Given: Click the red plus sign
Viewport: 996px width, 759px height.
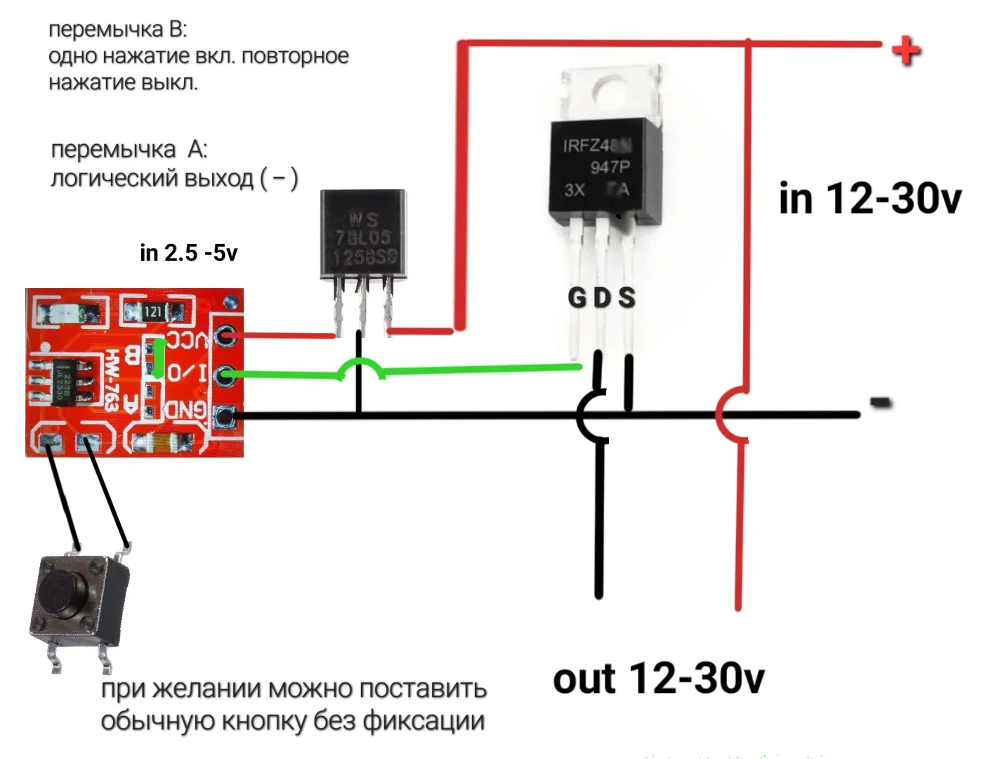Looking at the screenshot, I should [x=905, y=51].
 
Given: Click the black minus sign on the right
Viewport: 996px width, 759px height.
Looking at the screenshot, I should [x=880, y=403].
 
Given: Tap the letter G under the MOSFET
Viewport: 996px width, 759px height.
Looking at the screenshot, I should [x=577, y=298].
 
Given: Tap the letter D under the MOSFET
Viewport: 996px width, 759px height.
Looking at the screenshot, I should [x=602, y=298].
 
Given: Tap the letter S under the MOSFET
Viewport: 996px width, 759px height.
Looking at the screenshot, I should [x=627, y=298].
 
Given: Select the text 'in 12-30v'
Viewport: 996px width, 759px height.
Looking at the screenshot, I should [x=870, y=198].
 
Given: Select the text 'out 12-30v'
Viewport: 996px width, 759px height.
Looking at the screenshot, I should [x=658, y=679].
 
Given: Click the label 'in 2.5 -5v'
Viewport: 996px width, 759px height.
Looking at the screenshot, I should [x=188, y=252].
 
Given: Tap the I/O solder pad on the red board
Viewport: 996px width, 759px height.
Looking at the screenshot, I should [x=225, y=376].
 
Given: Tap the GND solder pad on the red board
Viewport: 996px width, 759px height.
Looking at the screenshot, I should [x=225, y=416].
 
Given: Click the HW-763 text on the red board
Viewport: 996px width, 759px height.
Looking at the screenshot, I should [x=112, y=380].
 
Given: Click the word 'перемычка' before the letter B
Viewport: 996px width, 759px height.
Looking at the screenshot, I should [x=105, y=30].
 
